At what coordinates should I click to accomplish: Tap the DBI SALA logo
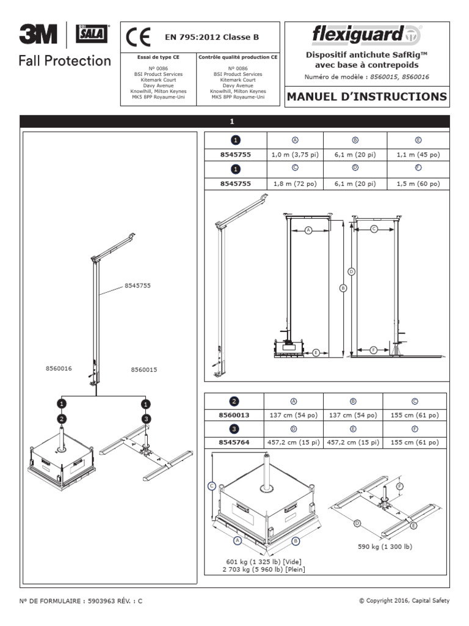click(x=92, y=35)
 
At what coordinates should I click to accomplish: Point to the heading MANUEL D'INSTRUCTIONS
click(x=366, y=97)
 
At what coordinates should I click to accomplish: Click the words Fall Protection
click(x=65, y=61)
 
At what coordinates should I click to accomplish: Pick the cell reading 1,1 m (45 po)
click(x=418, y=155)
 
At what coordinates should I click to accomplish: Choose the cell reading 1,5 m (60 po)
click(x=418, y=184)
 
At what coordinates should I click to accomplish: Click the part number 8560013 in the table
click(x=234, y=415)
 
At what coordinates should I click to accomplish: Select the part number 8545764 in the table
click(x=234, y=443)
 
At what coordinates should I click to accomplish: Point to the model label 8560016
click(x=59, y=369)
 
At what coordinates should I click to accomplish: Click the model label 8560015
click(x=144, y=369)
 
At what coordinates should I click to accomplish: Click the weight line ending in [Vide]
click(x=263, y=561)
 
